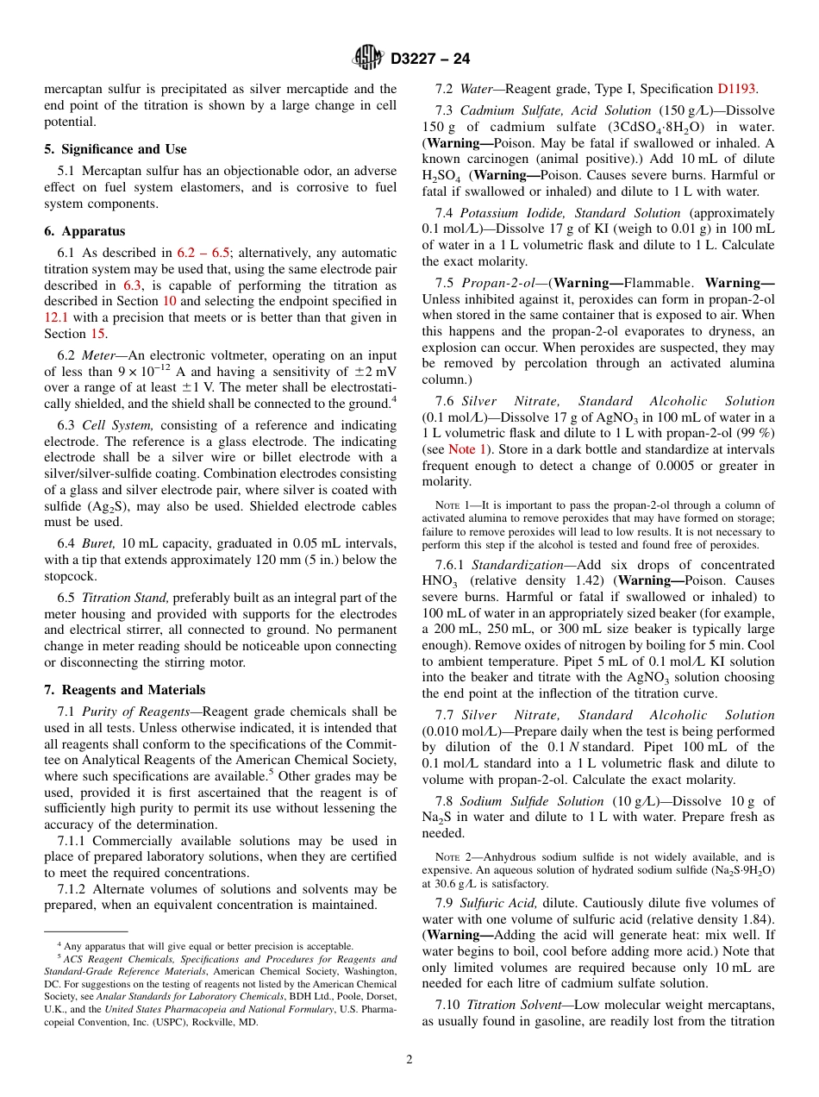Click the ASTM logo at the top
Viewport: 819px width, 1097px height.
[x=368, y=58]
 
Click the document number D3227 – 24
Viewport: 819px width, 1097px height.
[x=430, y=59]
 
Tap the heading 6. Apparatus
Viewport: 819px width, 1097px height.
[x=84, y=231]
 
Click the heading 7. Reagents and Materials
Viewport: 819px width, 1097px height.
[x=125, y=690]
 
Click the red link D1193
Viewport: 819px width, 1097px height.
[x=737, y=89]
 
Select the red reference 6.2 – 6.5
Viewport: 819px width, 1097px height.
[x=203, y=253]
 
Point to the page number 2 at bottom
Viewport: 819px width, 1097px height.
[x=409, y=1059]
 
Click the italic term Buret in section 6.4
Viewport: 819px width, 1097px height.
[x=97, y=542]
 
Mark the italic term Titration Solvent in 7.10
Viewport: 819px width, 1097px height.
[x=516, y=1005]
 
